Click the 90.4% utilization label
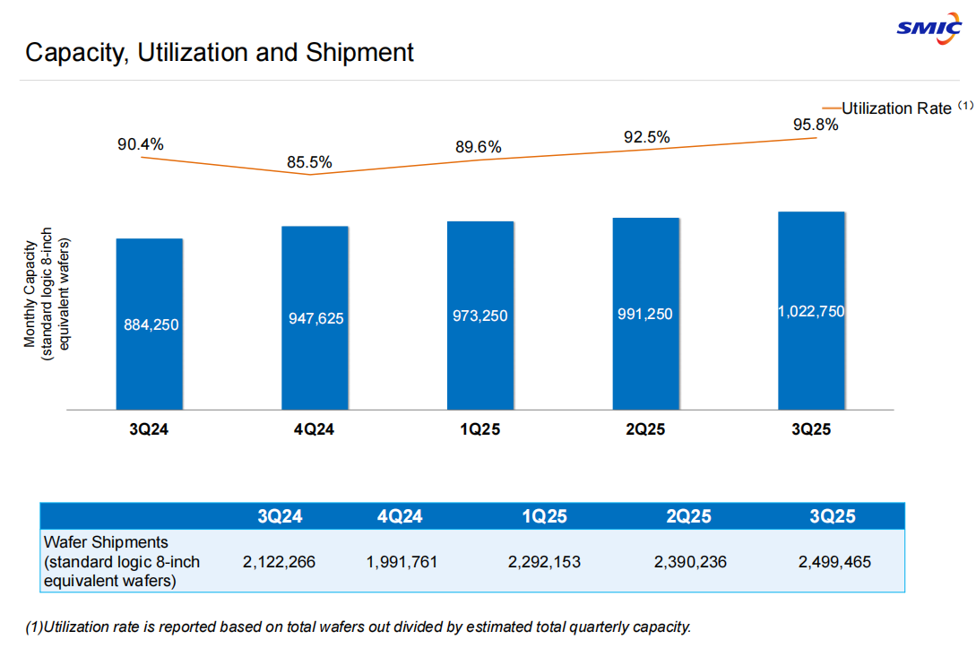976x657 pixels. click(141, 143)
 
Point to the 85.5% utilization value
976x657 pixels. click(309, 162)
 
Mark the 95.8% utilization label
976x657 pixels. click(816, 125)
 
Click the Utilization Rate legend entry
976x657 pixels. click(896, 108)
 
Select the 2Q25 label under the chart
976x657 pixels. click(645, 430)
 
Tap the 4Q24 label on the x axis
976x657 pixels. click(314, 430)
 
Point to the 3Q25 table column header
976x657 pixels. click(833, 516)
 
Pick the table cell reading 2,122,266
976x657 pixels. click(279, 562)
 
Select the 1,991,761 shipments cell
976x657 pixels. click(402, 562)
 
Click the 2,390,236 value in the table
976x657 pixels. click(690, 562)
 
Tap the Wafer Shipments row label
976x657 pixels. click(122, 561)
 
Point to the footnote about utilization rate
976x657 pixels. click(358, 627)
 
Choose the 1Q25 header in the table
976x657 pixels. click(544, 516)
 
